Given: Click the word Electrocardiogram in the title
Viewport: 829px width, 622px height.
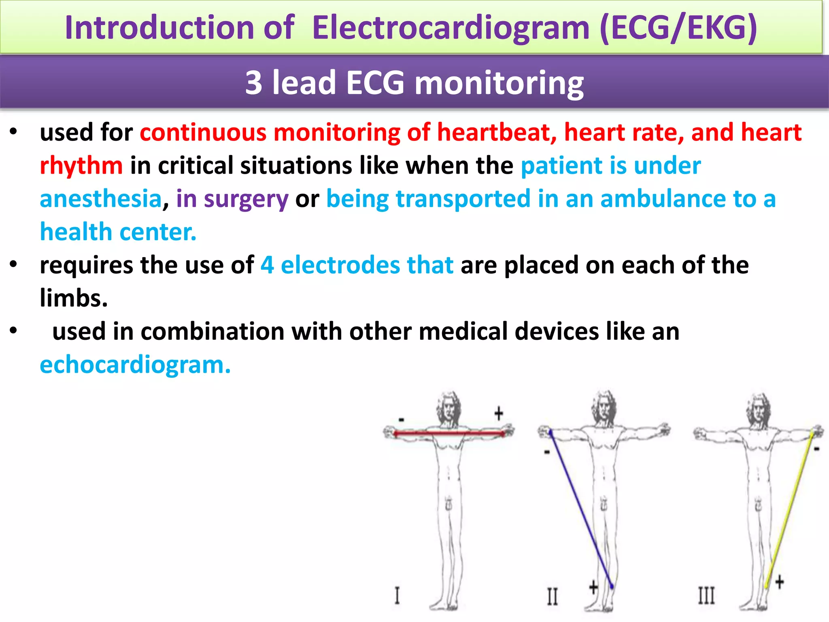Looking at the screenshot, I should pos(451,28).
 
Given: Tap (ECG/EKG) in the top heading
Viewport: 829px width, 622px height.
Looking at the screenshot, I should pos(678,28).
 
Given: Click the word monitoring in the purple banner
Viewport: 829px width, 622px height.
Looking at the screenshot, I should pos(499,83).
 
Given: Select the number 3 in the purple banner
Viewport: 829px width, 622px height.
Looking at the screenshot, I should pos(254,83).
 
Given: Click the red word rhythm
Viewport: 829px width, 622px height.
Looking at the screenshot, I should pos(81,166).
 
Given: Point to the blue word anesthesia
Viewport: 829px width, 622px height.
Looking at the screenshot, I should pos(101,199).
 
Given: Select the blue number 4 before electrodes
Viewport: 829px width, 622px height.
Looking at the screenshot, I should pos(267,265).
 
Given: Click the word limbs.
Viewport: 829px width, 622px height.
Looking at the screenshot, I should pos(73,298).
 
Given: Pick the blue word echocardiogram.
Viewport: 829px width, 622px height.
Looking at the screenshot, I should pos(135,365).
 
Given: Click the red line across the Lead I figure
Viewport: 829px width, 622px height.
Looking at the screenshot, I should pos(449,433).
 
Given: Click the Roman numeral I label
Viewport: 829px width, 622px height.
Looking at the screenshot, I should pos(397,595).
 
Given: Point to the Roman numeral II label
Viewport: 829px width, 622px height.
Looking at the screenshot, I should pos(552,596).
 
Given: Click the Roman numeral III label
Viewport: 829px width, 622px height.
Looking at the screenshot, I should pos(706,596).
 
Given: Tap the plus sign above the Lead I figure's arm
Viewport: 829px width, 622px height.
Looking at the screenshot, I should pos(499,413).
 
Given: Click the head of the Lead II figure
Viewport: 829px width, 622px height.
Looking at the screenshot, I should pos(604,407).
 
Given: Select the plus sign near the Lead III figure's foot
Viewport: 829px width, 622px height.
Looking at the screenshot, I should pos(779,582).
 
